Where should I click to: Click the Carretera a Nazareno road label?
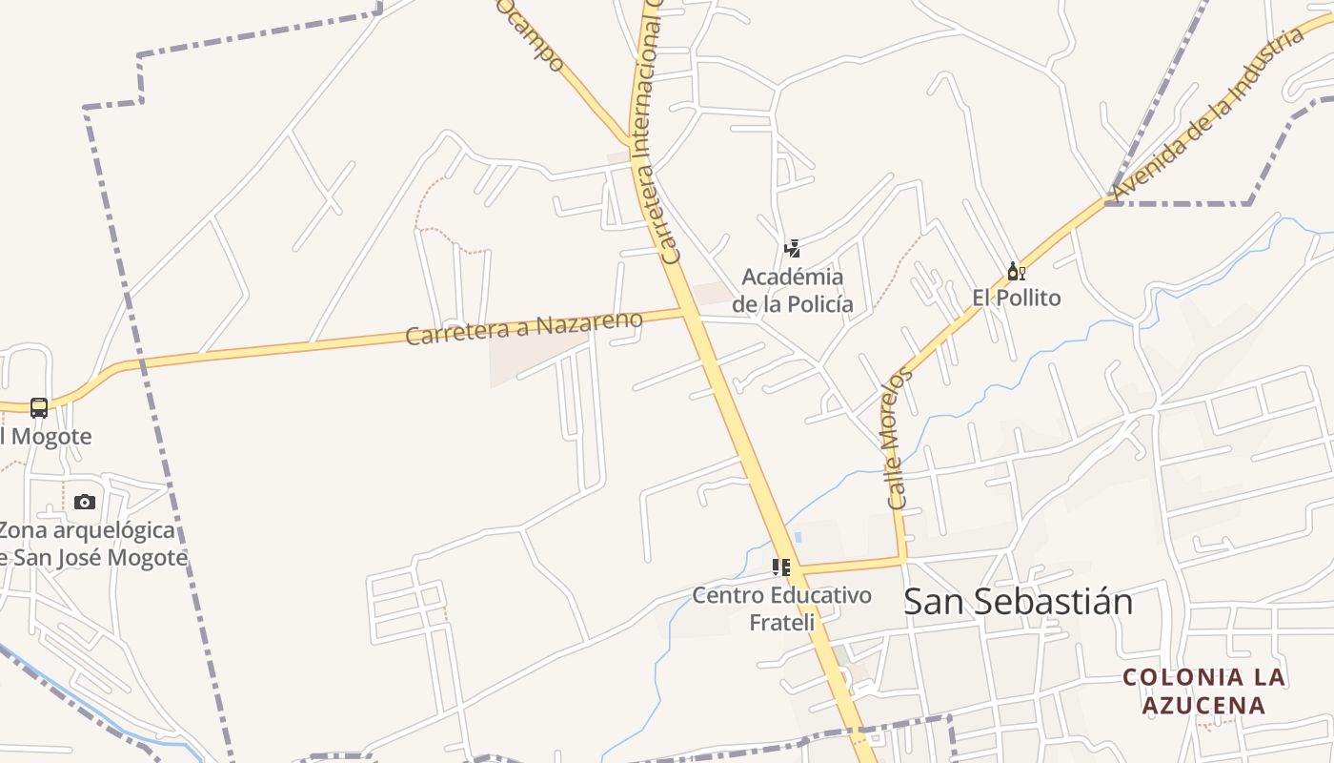pos(524,328)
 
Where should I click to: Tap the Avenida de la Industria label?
pos(1208,113)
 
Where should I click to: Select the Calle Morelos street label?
pos(898,438)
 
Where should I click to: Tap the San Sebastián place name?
pos(1018,602)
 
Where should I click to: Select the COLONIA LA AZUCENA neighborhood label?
pos(1204,691)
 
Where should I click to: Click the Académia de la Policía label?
pos(793,291)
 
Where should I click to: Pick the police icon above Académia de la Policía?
pos(792,250)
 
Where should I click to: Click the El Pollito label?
pos(1017,298)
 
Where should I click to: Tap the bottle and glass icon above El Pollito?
pos(1017,272)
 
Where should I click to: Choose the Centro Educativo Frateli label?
pos(782,608)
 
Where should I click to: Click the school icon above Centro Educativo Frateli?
pos(781,568)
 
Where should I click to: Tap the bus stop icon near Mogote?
pos(39,408)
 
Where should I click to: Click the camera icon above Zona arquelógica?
pos(85,502)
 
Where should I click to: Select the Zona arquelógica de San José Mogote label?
pos(91,544)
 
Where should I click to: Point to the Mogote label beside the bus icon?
pos(48,437)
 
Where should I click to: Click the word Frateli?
pos(782,623)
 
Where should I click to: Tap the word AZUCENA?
pos(1204,706)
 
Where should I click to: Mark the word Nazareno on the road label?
pos(589,322)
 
